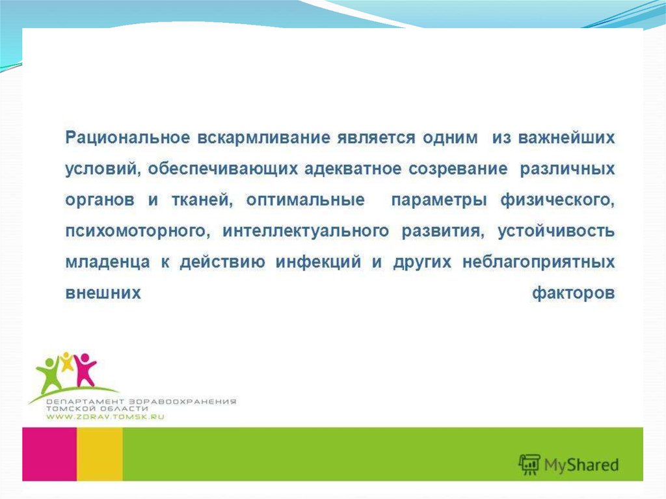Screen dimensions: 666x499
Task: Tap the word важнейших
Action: tap(566, 138)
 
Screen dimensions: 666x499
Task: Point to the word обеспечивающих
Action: tap(223, 169)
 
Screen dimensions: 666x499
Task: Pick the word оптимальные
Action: tap(306, 200)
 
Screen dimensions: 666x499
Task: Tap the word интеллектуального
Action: tap(306, 231)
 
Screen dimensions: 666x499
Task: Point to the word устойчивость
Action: tap(557, 231)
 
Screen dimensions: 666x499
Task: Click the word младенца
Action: tap(108, 262)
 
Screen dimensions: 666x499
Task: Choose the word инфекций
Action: tap(319, 262)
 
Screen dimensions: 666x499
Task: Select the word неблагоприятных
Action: tap(539, 262)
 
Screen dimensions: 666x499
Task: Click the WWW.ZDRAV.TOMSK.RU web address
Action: tap(105, 417)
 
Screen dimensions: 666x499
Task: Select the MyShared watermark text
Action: tap(581, 465)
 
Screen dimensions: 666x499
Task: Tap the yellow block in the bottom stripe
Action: tap(100, 454)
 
